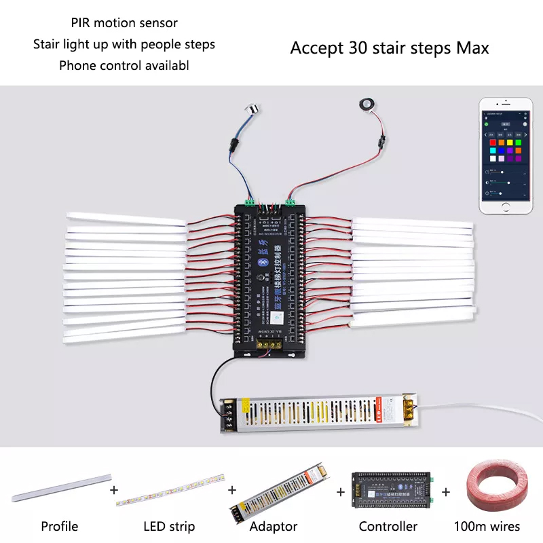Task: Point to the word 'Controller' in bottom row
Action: point(388,526)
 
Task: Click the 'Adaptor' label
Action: point(274,526)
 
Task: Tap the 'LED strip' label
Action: point(169,526)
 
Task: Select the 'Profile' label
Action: point(60,526)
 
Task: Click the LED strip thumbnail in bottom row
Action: point(170,490)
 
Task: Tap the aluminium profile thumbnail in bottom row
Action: point(60,487)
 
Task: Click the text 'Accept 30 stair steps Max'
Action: point(390,48)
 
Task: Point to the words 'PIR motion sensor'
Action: point(124,23)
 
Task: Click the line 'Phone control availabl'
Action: point(124,65)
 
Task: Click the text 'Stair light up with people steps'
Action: point(124,44)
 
